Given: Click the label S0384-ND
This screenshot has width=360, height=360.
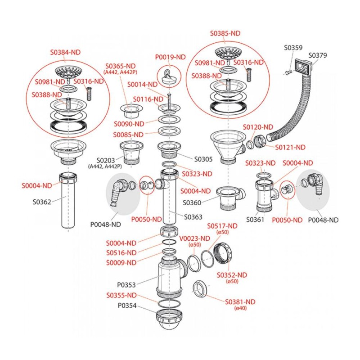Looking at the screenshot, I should click(x=65, y=52).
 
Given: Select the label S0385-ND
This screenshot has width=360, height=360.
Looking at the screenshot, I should click(x=225, y=33).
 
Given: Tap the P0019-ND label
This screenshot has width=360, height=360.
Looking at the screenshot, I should click(x=170, y=57).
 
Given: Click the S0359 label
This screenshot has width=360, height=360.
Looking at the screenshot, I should click(x=293, y=48).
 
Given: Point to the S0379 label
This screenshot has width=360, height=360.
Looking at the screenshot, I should click(x=318, y=55).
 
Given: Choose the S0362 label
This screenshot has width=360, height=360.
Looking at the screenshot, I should click(x=42, y=202).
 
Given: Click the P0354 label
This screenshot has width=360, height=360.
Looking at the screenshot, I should click(x=126, y=305).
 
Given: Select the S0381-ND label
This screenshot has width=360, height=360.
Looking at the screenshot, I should click(x=240, y=301).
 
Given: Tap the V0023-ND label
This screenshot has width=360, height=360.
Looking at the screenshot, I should click(x=195, y=238).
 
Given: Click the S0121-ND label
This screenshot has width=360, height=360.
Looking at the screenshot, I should click(x=290, y=147).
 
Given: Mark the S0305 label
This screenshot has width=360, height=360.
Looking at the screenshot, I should click(x=203, y=159).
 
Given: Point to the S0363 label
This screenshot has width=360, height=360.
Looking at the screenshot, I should click(x=193, y=216).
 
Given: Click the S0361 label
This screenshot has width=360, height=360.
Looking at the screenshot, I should click(x=255, y=220).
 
